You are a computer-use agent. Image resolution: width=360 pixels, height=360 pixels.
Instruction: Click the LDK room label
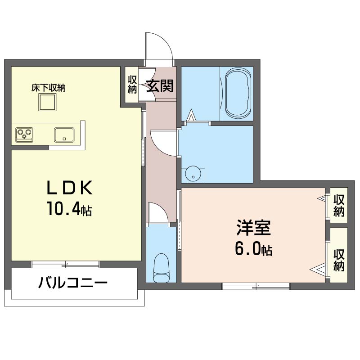(x=70, y=188)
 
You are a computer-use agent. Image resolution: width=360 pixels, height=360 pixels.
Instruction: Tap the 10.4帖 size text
(x=70, y=209)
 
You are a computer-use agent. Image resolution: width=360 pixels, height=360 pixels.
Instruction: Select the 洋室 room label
(x=253, y=228)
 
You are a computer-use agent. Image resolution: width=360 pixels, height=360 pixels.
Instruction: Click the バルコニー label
(x=73, y=283)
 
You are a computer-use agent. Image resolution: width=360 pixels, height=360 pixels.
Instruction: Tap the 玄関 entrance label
(x=160, y=86)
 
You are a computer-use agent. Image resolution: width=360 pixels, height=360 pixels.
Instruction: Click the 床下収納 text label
(x=49, y=88)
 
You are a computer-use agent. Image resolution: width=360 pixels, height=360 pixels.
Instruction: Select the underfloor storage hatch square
(x=47, y=102)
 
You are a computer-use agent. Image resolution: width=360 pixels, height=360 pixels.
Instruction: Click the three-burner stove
(x=24, y=134)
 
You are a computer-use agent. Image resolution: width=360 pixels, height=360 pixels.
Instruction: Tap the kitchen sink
(x=64, y=135)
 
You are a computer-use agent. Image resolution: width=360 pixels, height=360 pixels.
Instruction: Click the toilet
(x=162, y=268)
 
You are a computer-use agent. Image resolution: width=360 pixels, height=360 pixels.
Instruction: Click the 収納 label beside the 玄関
(x=132, y=85)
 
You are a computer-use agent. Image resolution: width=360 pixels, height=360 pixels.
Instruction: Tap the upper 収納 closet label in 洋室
(x=339, y=206)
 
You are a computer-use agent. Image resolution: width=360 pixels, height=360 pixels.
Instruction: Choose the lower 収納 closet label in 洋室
(x=339, y=260)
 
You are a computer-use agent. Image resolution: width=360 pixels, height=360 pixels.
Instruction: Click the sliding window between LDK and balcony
(x=65, y=264)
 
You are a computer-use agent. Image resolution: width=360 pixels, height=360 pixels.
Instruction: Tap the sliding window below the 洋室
(x=256, y=286)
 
